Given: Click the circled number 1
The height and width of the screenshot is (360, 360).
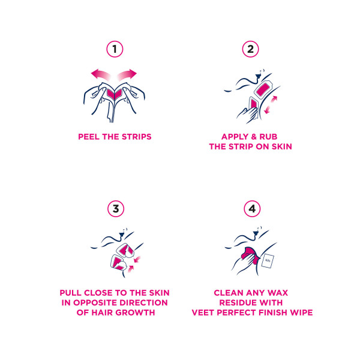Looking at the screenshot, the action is tap(115, 49).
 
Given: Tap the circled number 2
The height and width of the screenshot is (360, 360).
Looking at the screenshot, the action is tap(250, 49).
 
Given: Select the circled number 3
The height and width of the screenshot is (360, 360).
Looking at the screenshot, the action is tap(116, 209).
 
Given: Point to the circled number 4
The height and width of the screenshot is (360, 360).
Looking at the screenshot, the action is tap(252, 209).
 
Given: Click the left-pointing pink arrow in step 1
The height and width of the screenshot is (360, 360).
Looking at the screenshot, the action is tap(101, 74).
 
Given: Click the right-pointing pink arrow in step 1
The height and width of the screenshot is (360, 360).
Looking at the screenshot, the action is tap(127, 74).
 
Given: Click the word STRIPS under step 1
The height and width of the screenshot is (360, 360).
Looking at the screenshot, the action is tap(136, 137).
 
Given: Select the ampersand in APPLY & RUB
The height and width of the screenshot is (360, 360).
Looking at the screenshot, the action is tap(254, 137).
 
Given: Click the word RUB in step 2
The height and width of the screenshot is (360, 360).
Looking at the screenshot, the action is tap(268, 137).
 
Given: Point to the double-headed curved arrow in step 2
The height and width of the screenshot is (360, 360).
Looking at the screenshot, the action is tap(271, 105).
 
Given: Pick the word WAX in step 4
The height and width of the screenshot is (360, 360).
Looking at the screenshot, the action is tap(278, 293).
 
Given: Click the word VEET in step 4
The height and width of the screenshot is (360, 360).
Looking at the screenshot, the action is tap(203, 313).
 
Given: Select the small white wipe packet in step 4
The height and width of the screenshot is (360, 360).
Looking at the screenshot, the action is tap(268, 261).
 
